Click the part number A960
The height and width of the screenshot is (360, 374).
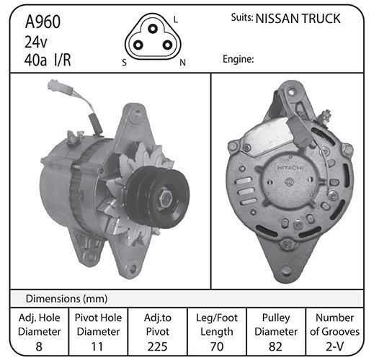tap(43, 22)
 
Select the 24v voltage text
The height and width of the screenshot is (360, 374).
tap(36, 42)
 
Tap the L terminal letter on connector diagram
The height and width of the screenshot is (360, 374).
tap(176, 19)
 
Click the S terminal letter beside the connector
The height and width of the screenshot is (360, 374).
tap(124, 63)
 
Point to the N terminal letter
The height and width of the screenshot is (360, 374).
tap(183, 63)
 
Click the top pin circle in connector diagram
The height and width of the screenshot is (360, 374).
tap(152, 29)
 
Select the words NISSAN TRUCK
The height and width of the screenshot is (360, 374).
tap(298, 19)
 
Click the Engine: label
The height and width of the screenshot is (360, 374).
tap(238, 59)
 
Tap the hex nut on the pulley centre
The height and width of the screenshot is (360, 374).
tap(164, 199)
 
